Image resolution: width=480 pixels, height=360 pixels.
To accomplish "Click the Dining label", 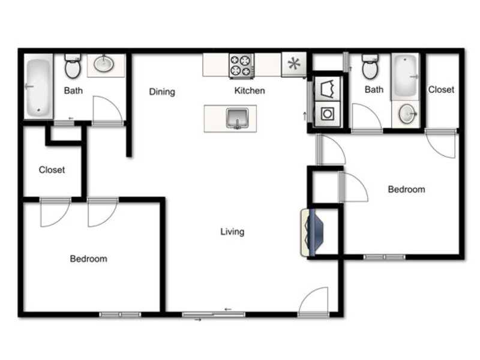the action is (162, 92).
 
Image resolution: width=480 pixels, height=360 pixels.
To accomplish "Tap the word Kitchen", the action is (250, 91).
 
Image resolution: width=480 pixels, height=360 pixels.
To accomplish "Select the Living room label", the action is (232, 232).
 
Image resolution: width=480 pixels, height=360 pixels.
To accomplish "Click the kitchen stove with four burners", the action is (242, 66).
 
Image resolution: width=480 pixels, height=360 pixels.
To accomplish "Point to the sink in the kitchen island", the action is (237, 118).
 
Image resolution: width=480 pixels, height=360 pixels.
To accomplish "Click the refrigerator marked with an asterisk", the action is (294, 64).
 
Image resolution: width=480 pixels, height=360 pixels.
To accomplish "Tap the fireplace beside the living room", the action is (312, 233).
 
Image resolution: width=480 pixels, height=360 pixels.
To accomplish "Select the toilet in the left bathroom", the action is (73, 66).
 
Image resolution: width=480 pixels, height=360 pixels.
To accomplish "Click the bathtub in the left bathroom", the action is (38, 87).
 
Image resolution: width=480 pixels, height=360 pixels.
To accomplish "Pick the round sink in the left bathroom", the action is (104, 64).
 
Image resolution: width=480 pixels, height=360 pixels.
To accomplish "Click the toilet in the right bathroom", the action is (370, 67).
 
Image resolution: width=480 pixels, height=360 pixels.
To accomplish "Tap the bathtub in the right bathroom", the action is (406, 77).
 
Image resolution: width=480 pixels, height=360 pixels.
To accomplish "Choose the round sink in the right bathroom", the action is (407, 113).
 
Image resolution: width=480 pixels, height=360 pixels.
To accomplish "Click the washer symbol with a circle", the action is (328, 114).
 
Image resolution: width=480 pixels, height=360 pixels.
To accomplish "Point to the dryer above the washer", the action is (328, 89).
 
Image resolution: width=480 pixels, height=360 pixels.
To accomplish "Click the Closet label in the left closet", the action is (52, 170).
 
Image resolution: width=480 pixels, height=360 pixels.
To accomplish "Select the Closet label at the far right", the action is (441, 89).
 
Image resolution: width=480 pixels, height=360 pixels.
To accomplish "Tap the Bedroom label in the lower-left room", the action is (88, 259).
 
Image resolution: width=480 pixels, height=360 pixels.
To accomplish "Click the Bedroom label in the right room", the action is (407, 190).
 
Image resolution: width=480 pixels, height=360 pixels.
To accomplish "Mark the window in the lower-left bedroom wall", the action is (121, 314).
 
